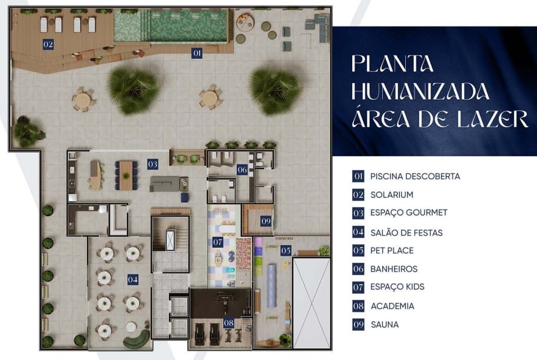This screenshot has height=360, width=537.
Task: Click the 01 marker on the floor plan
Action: [197, 53]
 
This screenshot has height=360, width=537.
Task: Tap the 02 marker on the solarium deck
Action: [48, 44]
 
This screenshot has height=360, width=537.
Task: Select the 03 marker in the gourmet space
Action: [153, 164]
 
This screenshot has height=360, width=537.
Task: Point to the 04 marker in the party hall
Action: [133, 279]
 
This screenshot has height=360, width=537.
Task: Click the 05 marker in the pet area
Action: [286, 250]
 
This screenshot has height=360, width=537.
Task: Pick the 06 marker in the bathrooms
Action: [242, 170]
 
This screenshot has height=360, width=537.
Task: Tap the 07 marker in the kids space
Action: [217, 242]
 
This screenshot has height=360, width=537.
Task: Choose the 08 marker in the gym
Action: [228, 323]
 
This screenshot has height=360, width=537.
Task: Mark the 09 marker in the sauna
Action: [266, 221]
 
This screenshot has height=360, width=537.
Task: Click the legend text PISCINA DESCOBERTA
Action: [415, 176]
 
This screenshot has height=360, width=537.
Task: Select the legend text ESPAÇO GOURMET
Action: [409, 213]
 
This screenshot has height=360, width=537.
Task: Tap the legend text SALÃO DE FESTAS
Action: [406, 233]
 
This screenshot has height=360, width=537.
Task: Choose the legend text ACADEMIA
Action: [392, 306]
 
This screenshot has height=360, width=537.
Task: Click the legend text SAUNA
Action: [384, 324]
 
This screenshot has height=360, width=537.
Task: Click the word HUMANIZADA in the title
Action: [420, 91]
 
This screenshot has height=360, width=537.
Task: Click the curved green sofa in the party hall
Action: [136, 338]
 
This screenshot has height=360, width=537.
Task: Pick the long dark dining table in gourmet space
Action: [126, 173]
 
